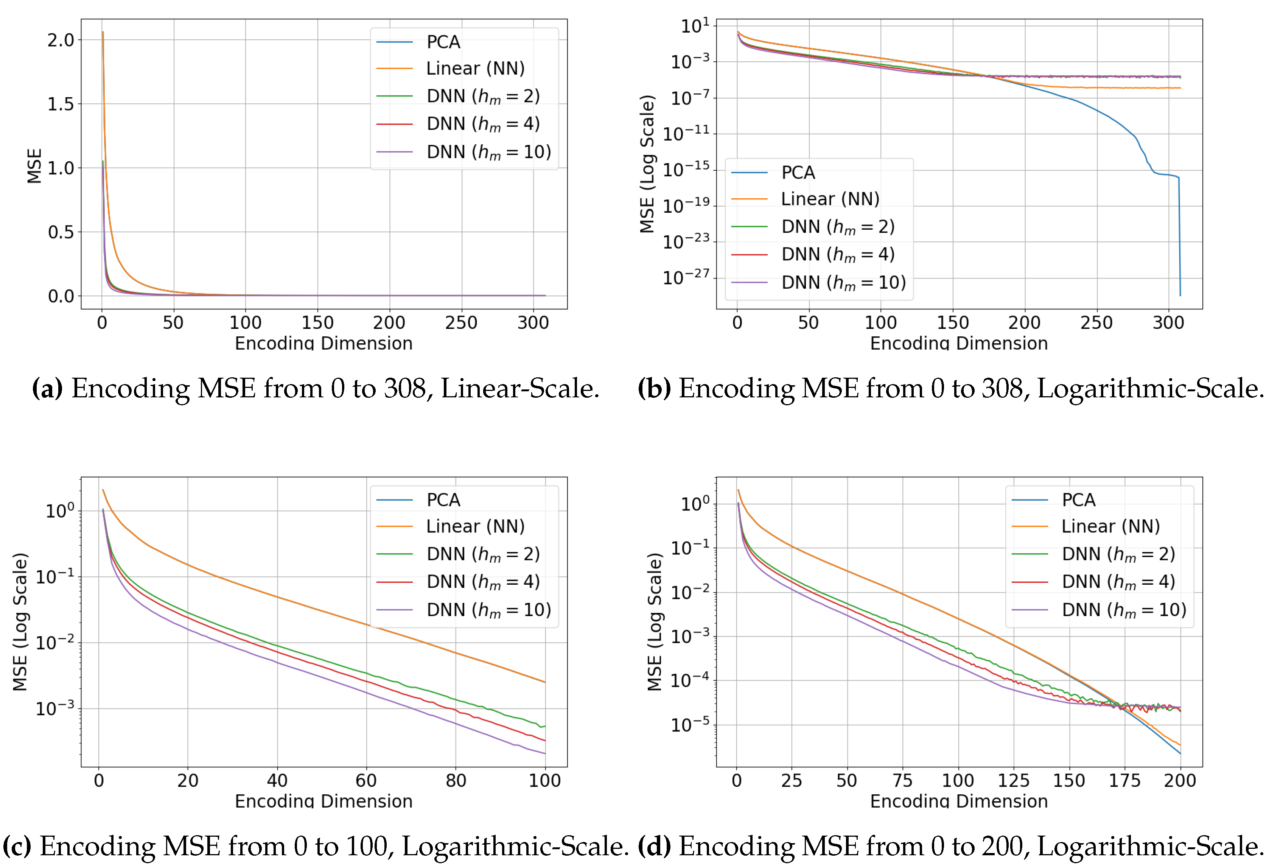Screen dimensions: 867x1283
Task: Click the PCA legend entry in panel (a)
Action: point(443,42)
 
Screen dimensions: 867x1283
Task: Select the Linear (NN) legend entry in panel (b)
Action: point(830,199)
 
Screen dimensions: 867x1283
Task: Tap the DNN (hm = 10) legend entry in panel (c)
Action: point(488,610)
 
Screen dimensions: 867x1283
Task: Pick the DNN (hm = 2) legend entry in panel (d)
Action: point(1118,554)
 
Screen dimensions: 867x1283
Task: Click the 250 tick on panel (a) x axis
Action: point(461,322)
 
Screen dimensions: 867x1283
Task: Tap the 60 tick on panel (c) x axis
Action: point(366,780)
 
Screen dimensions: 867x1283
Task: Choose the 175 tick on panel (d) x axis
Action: point(1124,780)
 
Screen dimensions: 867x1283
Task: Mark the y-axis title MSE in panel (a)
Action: point(34,166)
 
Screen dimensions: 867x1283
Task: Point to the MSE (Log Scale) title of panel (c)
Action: point(20,621)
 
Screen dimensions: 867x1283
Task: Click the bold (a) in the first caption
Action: point(47,388)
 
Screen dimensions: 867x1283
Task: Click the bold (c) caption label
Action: point(17,847)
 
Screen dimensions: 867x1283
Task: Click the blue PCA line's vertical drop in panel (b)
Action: point(1180,237)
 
